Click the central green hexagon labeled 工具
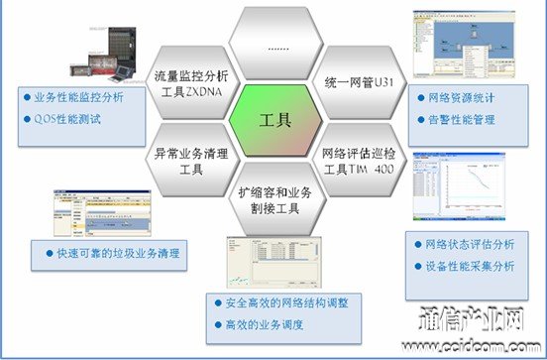click(275, 121)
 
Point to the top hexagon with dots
click(275, 45)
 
